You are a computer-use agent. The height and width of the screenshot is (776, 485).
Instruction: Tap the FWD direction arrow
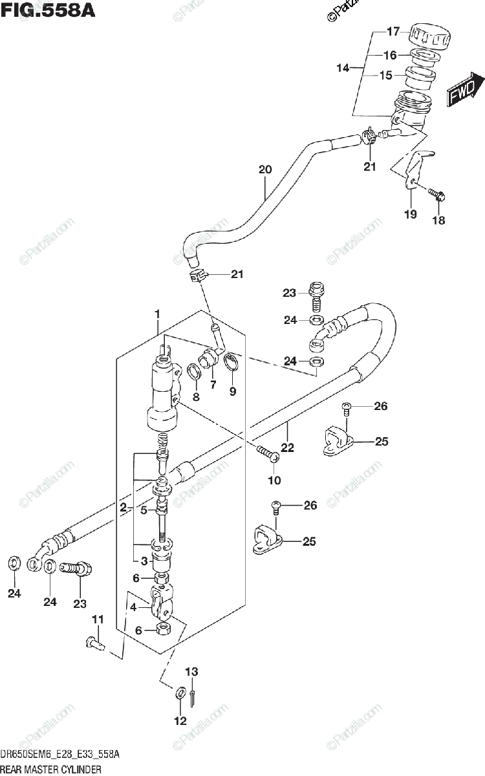(465, 91)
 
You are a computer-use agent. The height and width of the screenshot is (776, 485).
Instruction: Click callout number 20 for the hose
(264, 170)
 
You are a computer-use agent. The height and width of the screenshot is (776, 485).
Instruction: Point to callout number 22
(287, 447)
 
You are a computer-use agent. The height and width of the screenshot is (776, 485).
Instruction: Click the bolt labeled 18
(435, 193)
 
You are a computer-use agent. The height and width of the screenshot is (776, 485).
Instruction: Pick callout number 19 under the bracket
(411, 215)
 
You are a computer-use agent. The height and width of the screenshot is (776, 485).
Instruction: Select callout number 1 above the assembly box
(156, 314)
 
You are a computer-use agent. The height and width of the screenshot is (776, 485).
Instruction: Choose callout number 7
(211, 385)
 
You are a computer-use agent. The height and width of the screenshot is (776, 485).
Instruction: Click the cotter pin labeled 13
(195, 695)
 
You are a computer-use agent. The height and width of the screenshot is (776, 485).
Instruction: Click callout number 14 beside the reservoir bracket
(342, 67)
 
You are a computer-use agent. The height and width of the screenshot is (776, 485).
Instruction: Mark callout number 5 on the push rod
(145, 510)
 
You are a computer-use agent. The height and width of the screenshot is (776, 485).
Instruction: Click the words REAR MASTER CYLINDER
(51, 770)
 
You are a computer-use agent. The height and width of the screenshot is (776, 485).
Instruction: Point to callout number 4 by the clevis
(133, 607)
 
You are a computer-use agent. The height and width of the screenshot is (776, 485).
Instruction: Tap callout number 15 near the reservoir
(385, 76)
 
